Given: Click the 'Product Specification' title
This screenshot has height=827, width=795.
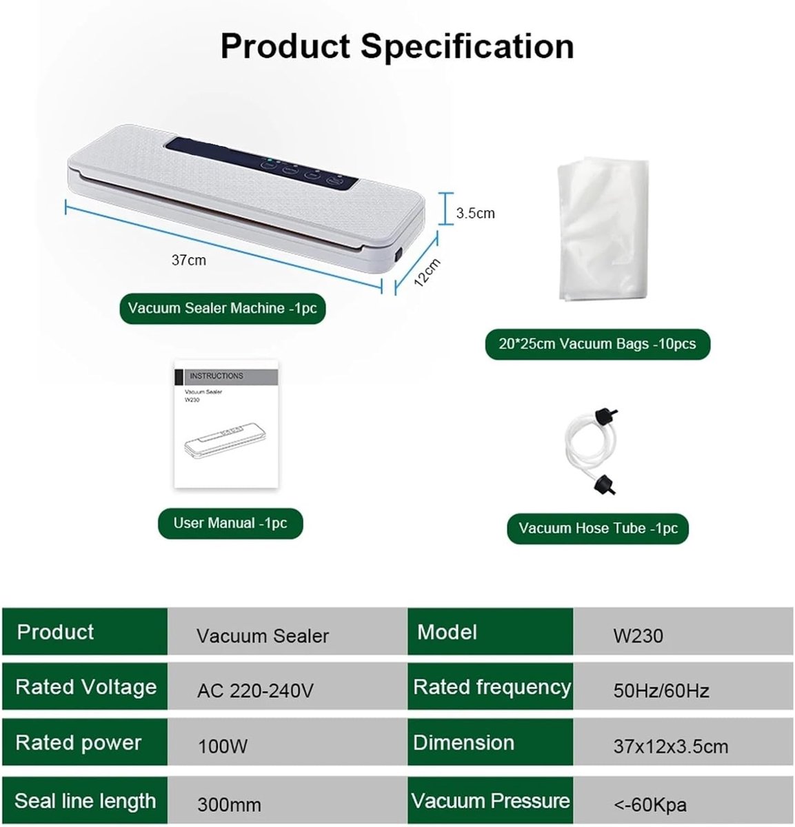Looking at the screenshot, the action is [x=397, y=47].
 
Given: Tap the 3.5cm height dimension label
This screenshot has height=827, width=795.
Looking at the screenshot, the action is [x=475, y=213].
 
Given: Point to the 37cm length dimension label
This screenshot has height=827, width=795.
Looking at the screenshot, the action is [x=189, y=260].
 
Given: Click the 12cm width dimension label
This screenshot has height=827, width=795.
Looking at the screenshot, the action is [x=427, y=272].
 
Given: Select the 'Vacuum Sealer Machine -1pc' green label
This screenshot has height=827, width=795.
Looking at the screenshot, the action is [x=222, y=308].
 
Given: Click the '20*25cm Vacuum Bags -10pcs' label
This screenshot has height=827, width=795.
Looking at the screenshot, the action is [x=597, y=344].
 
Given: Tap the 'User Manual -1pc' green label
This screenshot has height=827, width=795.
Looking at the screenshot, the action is [x=230, y=523].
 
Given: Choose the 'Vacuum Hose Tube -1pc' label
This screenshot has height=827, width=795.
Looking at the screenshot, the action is [x=598, y=528].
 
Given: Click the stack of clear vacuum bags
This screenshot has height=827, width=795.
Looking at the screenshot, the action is [x=603, y=229].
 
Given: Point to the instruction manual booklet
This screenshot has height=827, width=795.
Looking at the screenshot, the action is [x=226, y=424].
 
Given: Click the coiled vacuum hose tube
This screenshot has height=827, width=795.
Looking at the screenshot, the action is [x=590, y=451].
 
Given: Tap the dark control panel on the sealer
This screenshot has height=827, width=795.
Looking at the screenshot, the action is [x=262, y=163].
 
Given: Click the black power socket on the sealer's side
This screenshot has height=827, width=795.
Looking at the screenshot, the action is [x=399, y=255].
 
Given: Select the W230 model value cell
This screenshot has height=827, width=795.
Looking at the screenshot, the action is [x=683, y=631].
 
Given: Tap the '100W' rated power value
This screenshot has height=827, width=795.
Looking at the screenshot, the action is [x=288, y=742].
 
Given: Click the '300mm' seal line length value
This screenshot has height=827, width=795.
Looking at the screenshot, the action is [x=288, y=800].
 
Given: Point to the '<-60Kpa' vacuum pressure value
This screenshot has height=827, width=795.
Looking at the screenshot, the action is [x=683, y=800].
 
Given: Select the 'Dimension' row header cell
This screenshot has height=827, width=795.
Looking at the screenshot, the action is [x=490, y=742].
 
